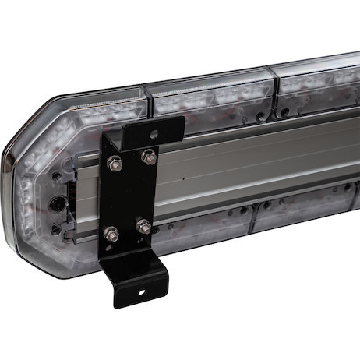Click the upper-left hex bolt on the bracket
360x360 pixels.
click(115, 164)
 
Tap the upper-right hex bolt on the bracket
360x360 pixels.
click(148, 157)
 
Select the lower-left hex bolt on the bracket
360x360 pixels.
click(111, 232)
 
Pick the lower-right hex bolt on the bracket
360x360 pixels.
click(143, 227)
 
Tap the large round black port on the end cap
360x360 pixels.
click(56, 204)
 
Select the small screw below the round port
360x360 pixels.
click(56, 229)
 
